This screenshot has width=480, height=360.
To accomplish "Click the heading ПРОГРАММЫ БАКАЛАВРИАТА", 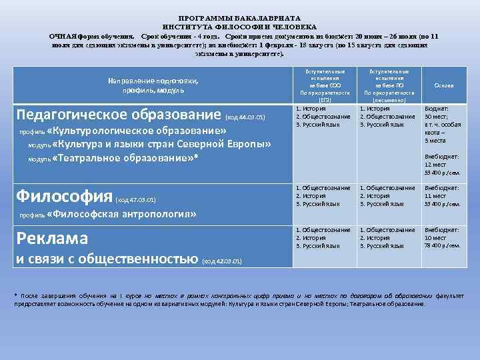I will pyautogui.click(x=239, y=17).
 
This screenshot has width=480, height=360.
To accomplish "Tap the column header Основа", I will pyautogui.click(x=443, y=85).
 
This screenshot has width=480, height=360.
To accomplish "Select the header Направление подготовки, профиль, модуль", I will pyautogui.click(x=153, y=85).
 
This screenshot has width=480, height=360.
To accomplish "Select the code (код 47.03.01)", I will pyautogui.click(x=136, y=199).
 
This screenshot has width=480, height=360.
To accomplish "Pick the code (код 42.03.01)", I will pyautogui.click(x=221, y=260).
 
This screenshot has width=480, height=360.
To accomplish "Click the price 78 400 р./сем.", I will pyautogui.click(x=443, y=245).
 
